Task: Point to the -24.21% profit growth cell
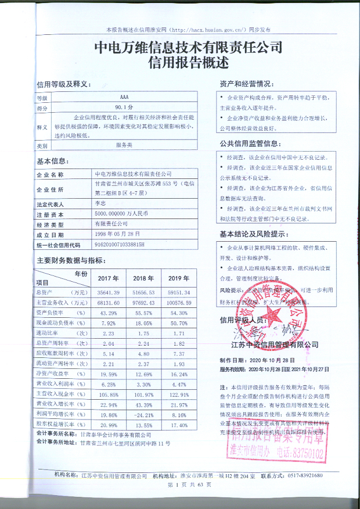(143, 415)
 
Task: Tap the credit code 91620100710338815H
(118, 245)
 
